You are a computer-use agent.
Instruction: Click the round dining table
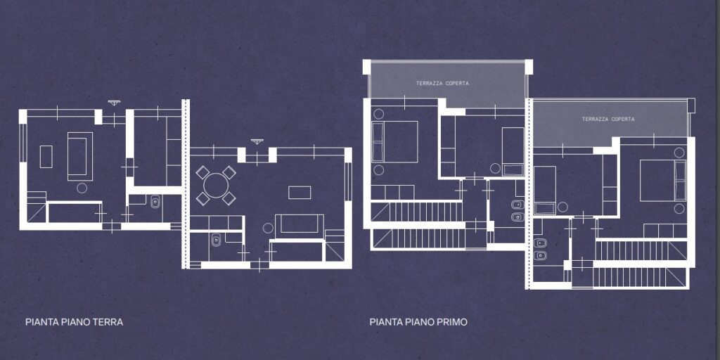[216, 185]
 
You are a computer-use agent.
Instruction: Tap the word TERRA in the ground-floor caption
[108, 322]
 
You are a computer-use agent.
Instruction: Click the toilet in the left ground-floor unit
[155, 201]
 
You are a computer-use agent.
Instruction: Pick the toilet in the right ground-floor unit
[215, 240]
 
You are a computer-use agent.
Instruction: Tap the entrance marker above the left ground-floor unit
[113, 103]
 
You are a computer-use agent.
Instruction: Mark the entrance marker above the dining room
[257, 141]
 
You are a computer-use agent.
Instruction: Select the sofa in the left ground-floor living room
[80, 156]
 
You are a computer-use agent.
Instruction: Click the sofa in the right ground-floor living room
[300, 226]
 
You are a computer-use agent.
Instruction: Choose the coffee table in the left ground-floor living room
[46, 157]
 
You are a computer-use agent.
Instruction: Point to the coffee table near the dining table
[300, 193]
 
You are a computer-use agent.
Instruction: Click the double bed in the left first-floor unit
[395, 141]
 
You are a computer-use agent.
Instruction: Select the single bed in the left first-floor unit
[513, 152]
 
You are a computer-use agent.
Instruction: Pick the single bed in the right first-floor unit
[545, 190]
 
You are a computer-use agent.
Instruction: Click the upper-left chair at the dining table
[202, 172]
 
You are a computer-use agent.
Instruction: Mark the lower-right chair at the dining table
[229, 198]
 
